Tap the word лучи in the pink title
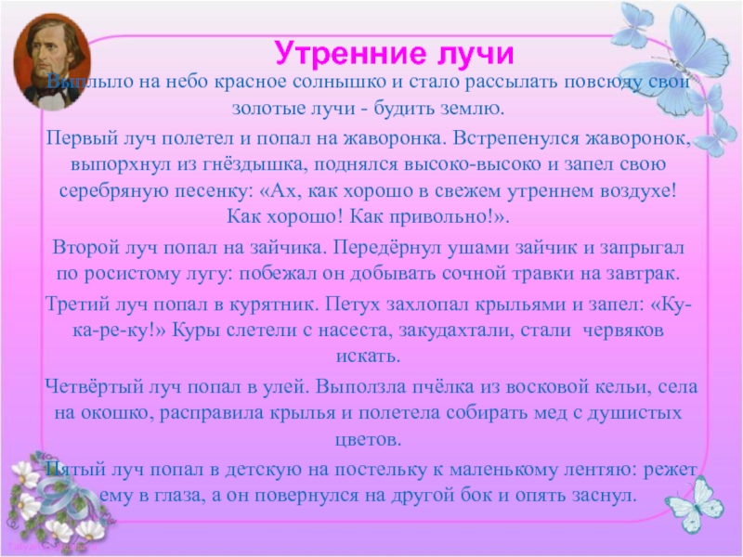pos(475,54)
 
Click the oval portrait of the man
pos(52,60)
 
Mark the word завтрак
pos(643,274)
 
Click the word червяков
pos(622,330)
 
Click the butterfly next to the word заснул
pos(695,503)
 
